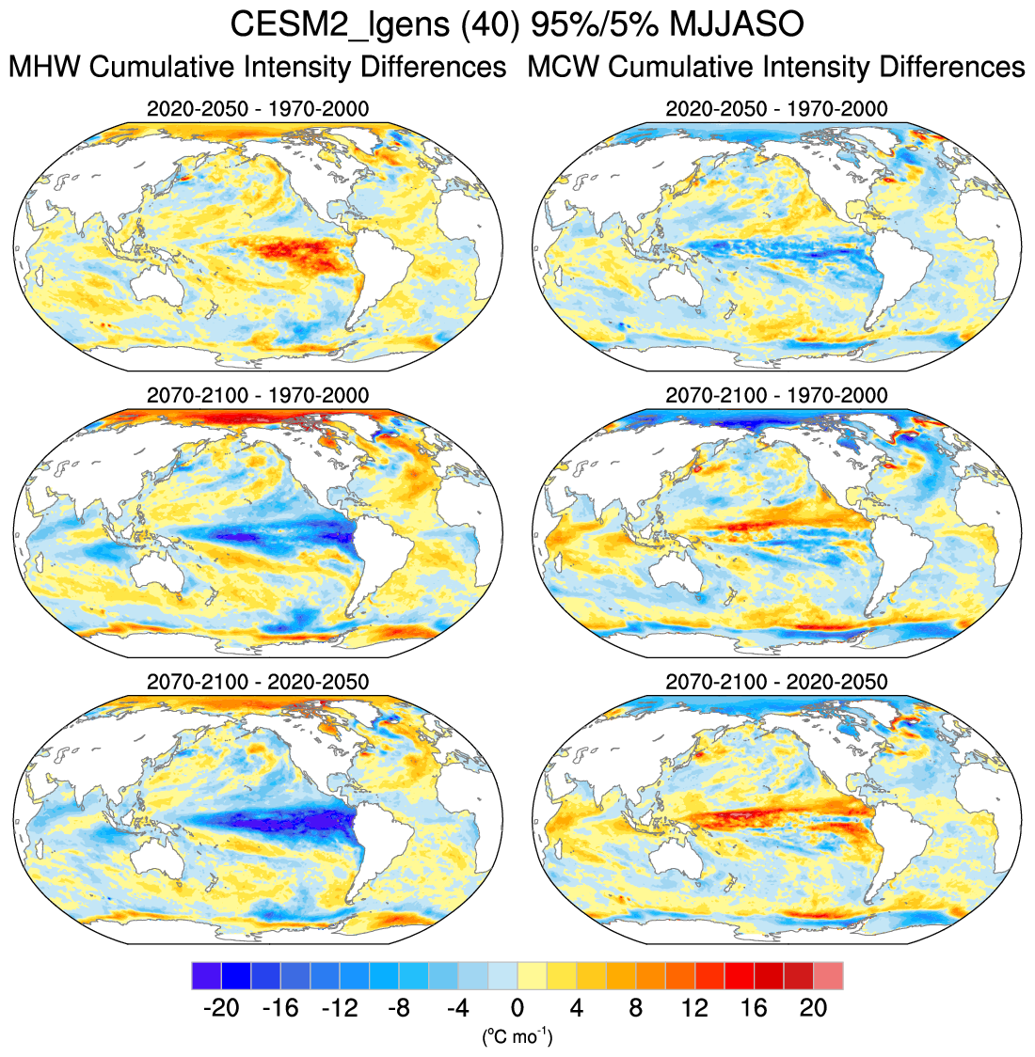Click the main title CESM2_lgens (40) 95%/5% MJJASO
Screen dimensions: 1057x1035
pyautogui.click(x=517, y=25)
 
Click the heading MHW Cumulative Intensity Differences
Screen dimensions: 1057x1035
pyautogui.click(x=257, y=68)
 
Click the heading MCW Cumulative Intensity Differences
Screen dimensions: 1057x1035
pyautogui.click(x=776, y=68)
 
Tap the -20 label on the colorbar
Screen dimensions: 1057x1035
pyautogui.click(x=220, y=1009)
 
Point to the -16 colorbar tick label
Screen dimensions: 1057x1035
pyautogui.click(x=279, y=1009)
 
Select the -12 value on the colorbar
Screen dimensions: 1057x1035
pyautogui.click(x=339, y=1009)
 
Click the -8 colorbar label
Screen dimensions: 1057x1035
pyautogui.click(x=398, y=1009)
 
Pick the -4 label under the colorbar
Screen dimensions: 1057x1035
pyautogui.click(x=457, y=1009)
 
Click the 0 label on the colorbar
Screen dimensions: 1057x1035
pyautogui.click(x=517, y=1009)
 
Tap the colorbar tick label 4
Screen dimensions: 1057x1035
pyautogui.click(x=577, y=1009)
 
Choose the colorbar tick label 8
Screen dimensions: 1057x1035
pyautogui.click(x=636, y=1009)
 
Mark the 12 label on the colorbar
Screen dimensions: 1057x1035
pyautogui.click(x=694, y=1009)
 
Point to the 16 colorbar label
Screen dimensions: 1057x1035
pyautogui.click(x=754, y=1009)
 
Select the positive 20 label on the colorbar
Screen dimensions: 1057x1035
pyautogui.click(x=813, y=1009)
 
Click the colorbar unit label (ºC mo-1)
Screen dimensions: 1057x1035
pyautogui.click(x=517, y=1037)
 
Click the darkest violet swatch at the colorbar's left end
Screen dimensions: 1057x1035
pyautogui.click(x=206, y=975)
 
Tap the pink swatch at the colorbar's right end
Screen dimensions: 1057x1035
pyautogui.click(x=828, y=975)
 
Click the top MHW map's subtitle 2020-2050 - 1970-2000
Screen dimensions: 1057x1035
pyautogui.click(x=257, y=109)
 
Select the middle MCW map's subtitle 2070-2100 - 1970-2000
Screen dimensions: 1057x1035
pyautogui.click(x=776, y=395)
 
